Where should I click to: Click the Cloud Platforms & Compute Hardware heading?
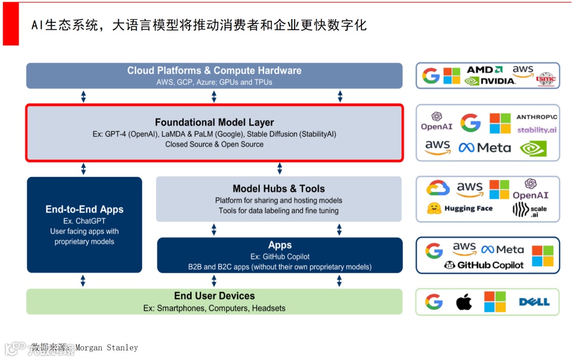pyautogui.click(x=214, y=70)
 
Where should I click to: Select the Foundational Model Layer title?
pyautogui.click(x=214, y=122)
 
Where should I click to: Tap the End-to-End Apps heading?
pyautogui.click(x=84, y=209)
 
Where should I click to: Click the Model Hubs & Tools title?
pyautogui.click(x=278, y=189)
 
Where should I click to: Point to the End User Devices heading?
pyautogui.click(x=214, y=296)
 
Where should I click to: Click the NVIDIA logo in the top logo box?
pyautogui.click(x=490, y=81)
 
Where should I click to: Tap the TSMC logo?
pyautogui.click(x=546, y=79)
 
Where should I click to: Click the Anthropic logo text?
pyautogui.click(x=537, y=117)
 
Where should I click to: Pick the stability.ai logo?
pyautogui.click(x=537, y=130)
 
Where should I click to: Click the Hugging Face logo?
pyautogui.click(x=460, y=209)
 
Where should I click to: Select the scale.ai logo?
pyautogui.click(x=529, y=210)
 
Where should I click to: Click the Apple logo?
pyautogui.click(x=464, y=302)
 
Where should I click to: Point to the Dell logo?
pyautogui.click(x=534, y=302)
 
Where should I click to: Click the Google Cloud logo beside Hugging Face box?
pyautogui.click(x=438, y=188)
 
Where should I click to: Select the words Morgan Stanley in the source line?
pyautogui.click(x=106, y=348)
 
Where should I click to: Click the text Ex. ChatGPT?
pyautogui.click(x=84, y=221)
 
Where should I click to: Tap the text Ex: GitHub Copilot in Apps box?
pyautogui.click(x=280, y=256)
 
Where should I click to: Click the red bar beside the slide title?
pyautogui.click(x=11, y=23)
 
